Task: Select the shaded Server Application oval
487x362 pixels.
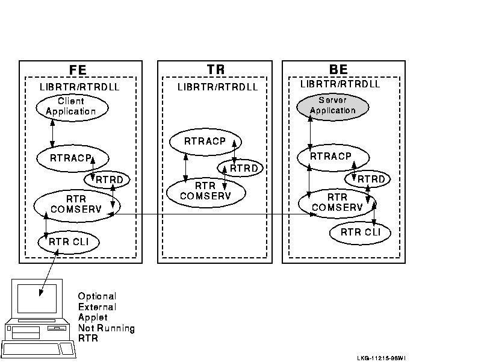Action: coord(332,106)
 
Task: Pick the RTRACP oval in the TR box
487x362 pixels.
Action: coord(205,142)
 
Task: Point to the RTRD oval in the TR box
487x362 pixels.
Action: coord(240,167)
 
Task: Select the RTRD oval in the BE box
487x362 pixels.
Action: coord(367,179)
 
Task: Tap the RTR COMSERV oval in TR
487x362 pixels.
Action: coord(206,192)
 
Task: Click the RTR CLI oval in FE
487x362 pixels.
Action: coord(68,242)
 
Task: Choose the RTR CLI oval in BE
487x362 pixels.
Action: coord(360,232)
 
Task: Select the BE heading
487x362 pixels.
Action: coord(338,70)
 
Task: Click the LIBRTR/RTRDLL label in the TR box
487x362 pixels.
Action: coord(217,87)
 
